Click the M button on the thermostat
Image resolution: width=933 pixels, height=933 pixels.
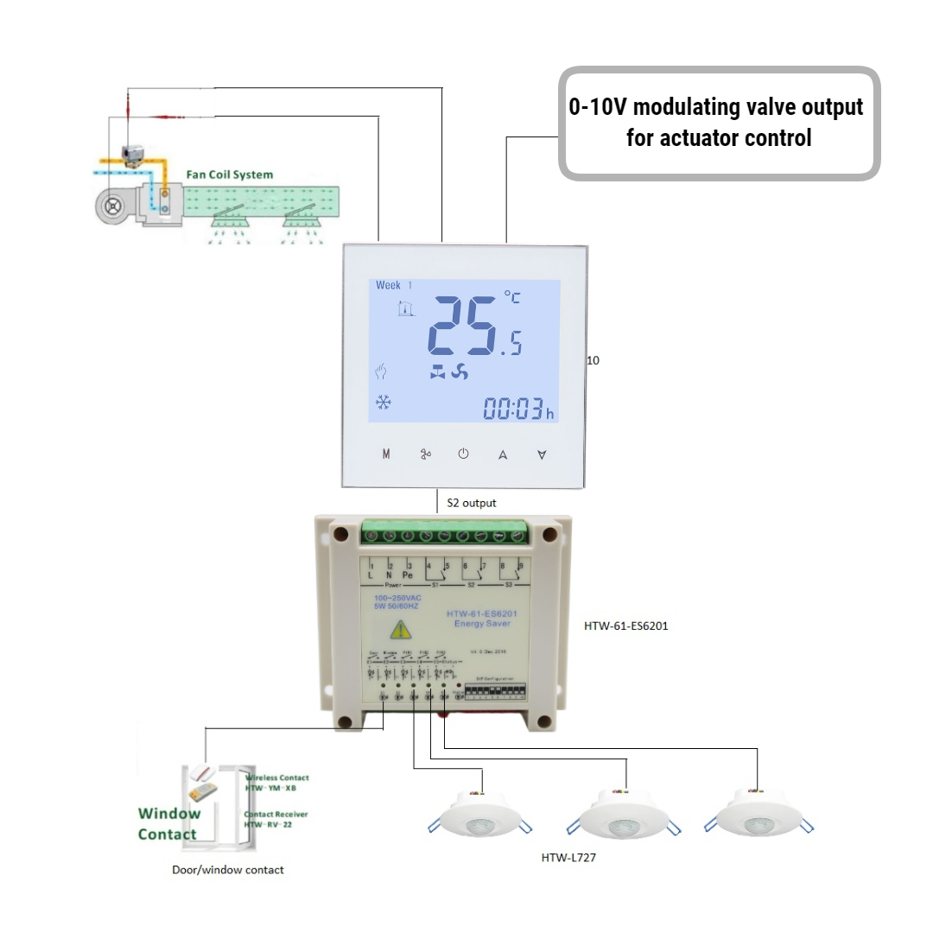click(x=386, y=454)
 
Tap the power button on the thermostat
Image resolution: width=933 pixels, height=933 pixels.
click(x=463, y=454)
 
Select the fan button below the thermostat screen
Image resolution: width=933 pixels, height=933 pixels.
click(x=425, y=454)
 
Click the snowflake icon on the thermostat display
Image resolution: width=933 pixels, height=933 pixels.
click(x=382, y=403)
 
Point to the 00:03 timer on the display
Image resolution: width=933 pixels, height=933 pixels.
click(x=511, y=409)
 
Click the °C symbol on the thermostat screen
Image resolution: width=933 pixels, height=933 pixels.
click(x=512, y=298)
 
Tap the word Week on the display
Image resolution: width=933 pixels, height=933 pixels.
click(x=388, y=285)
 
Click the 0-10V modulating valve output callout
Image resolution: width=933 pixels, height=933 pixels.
click(x=718, y=123)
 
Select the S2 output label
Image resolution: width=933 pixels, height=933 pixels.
click(x=471, y=502)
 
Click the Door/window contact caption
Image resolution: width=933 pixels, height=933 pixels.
click(x=228, y=869)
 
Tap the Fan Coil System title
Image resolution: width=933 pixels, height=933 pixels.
click(x=230, y=175)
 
